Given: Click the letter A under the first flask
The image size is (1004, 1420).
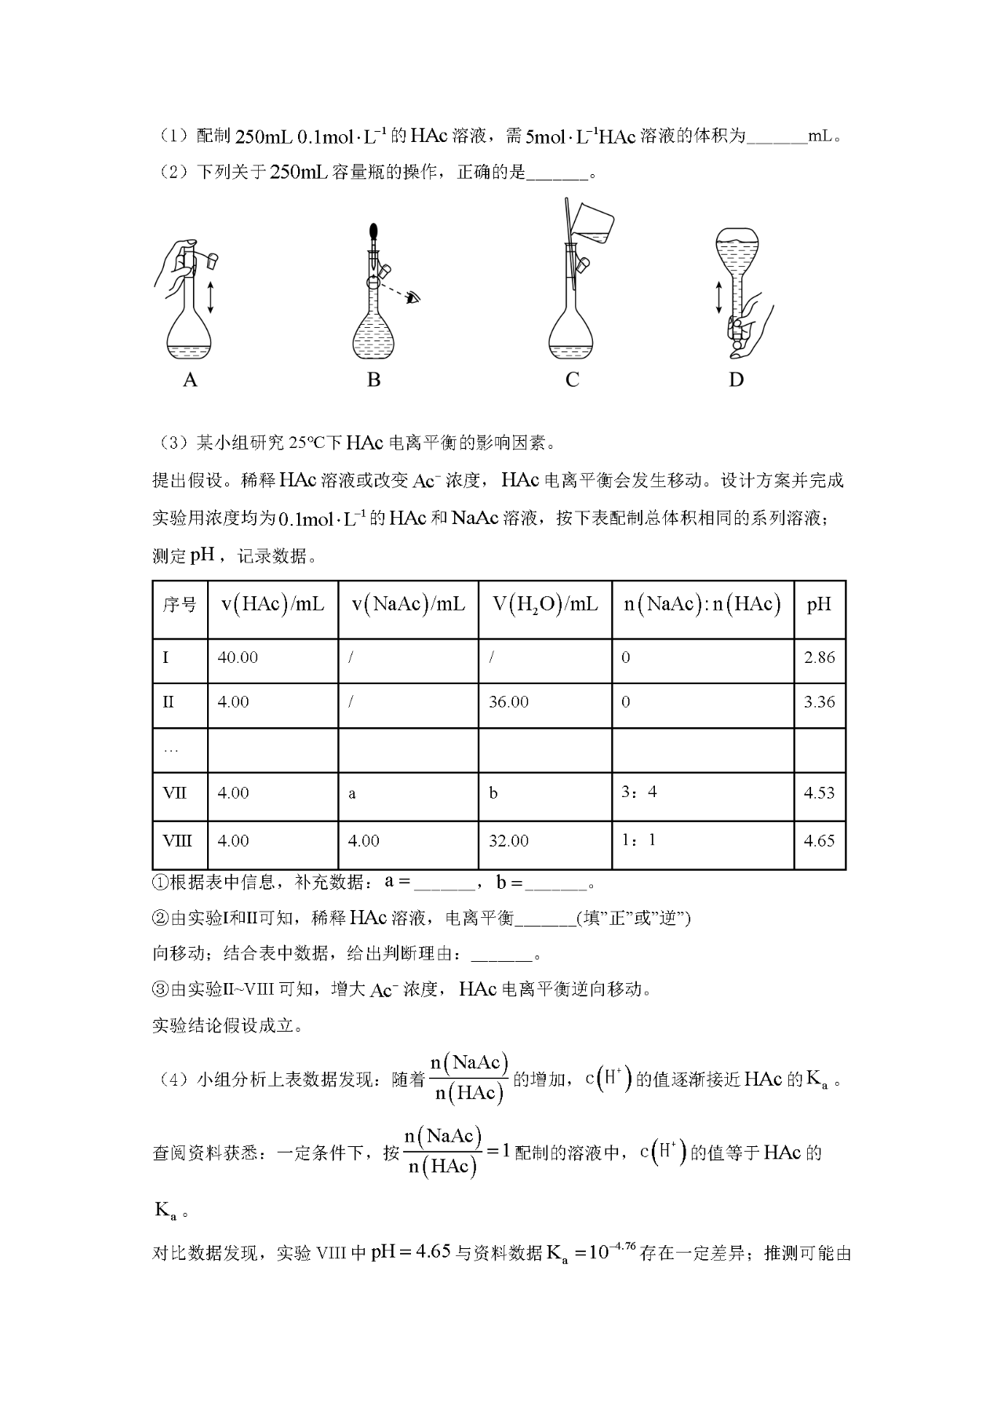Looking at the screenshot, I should tap(190, 380).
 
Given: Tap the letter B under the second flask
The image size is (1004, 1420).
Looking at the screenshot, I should tap(373, 380).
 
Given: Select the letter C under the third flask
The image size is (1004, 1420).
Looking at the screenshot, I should tap(572, 380).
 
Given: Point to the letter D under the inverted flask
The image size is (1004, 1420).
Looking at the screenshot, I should tap(736, 380).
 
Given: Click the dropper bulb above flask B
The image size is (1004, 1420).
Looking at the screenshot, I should tap(374, 232).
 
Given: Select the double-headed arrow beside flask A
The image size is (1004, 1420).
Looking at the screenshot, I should tap(210, 297).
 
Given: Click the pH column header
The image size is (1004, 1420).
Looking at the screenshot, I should tap(819, 604).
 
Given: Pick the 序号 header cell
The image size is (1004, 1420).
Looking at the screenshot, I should tap(180, 605).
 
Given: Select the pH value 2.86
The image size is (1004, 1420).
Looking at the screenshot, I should tap(819, 657).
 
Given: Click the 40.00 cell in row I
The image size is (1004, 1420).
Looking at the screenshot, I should tap(238, 657).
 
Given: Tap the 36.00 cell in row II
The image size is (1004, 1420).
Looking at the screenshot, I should tap(508, 702).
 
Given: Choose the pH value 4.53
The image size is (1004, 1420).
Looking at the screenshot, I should tap(819, 793).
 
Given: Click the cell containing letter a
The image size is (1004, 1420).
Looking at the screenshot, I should tap(352, 794).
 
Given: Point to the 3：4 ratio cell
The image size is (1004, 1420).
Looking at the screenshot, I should tap(638, 792).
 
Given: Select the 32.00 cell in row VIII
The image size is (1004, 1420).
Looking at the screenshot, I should tap(508, 841).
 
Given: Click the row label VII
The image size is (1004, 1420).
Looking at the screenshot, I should tap(174, 793).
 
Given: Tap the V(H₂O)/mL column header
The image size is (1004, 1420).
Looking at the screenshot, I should tap(544, 604).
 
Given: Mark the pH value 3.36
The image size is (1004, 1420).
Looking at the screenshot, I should tap(819, 702).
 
